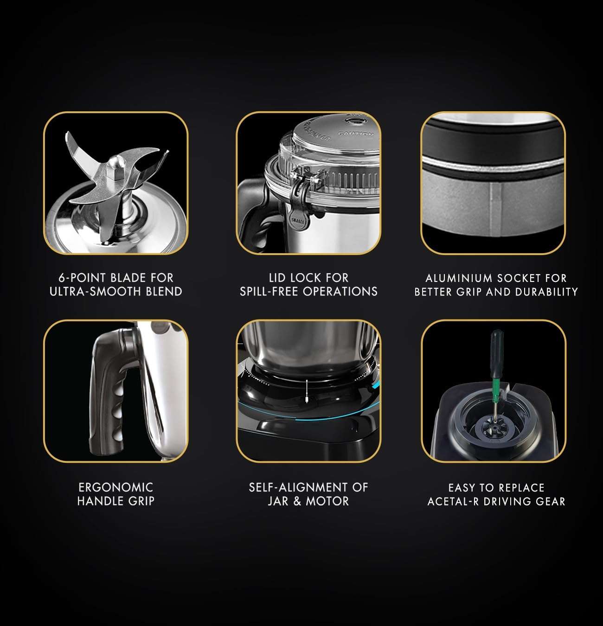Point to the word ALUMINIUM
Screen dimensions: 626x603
[459, 278]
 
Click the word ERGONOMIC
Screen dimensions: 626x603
[115, 487]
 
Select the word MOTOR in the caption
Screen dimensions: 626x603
[328, 501]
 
